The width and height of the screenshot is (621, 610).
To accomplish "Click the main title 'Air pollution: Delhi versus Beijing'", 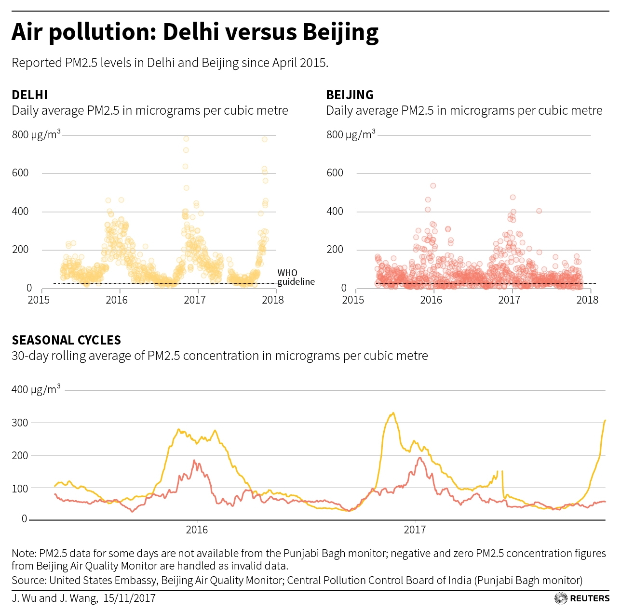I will [195, 32].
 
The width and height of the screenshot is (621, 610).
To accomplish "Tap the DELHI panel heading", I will [29, 95].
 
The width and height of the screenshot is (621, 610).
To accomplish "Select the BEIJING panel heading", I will [350, 95].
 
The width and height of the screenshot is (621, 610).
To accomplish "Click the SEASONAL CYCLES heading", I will [66, 340].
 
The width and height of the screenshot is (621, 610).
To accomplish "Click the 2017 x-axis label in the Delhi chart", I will [195, 300].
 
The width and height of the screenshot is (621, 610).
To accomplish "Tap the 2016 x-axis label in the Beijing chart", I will [431, 300].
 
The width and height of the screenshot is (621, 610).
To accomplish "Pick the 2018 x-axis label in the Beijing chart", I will [587, 300].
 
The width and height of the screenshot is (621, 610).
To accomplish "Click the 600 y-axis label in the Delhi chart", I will [20, 173].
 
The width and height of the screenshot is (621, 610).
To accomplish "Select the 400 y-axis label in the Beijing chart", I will [335, 212].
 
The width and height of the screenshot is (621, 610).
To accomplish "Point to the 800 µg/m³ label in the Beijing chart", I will [351, 134].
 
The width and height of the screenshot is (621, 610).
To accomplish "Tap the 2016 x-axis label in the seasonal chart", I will [197, 530].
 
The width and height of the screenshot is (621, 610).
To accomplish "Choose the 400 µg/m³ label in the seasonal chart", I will [36, 389].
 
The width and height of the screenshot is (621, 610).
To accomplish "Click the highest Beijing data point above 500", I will [433, 186].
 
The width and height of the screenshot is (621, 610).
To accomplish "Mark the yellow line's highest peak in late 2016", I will [393, 413].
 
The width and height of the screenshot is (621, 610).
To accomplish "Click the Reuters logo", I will [582, 598].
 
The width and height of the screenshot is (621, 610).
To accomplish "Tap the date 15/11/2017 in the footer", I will [129, 598].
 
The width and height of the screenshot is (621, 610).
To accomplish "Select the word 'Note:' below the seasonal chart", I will [24, 553].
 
